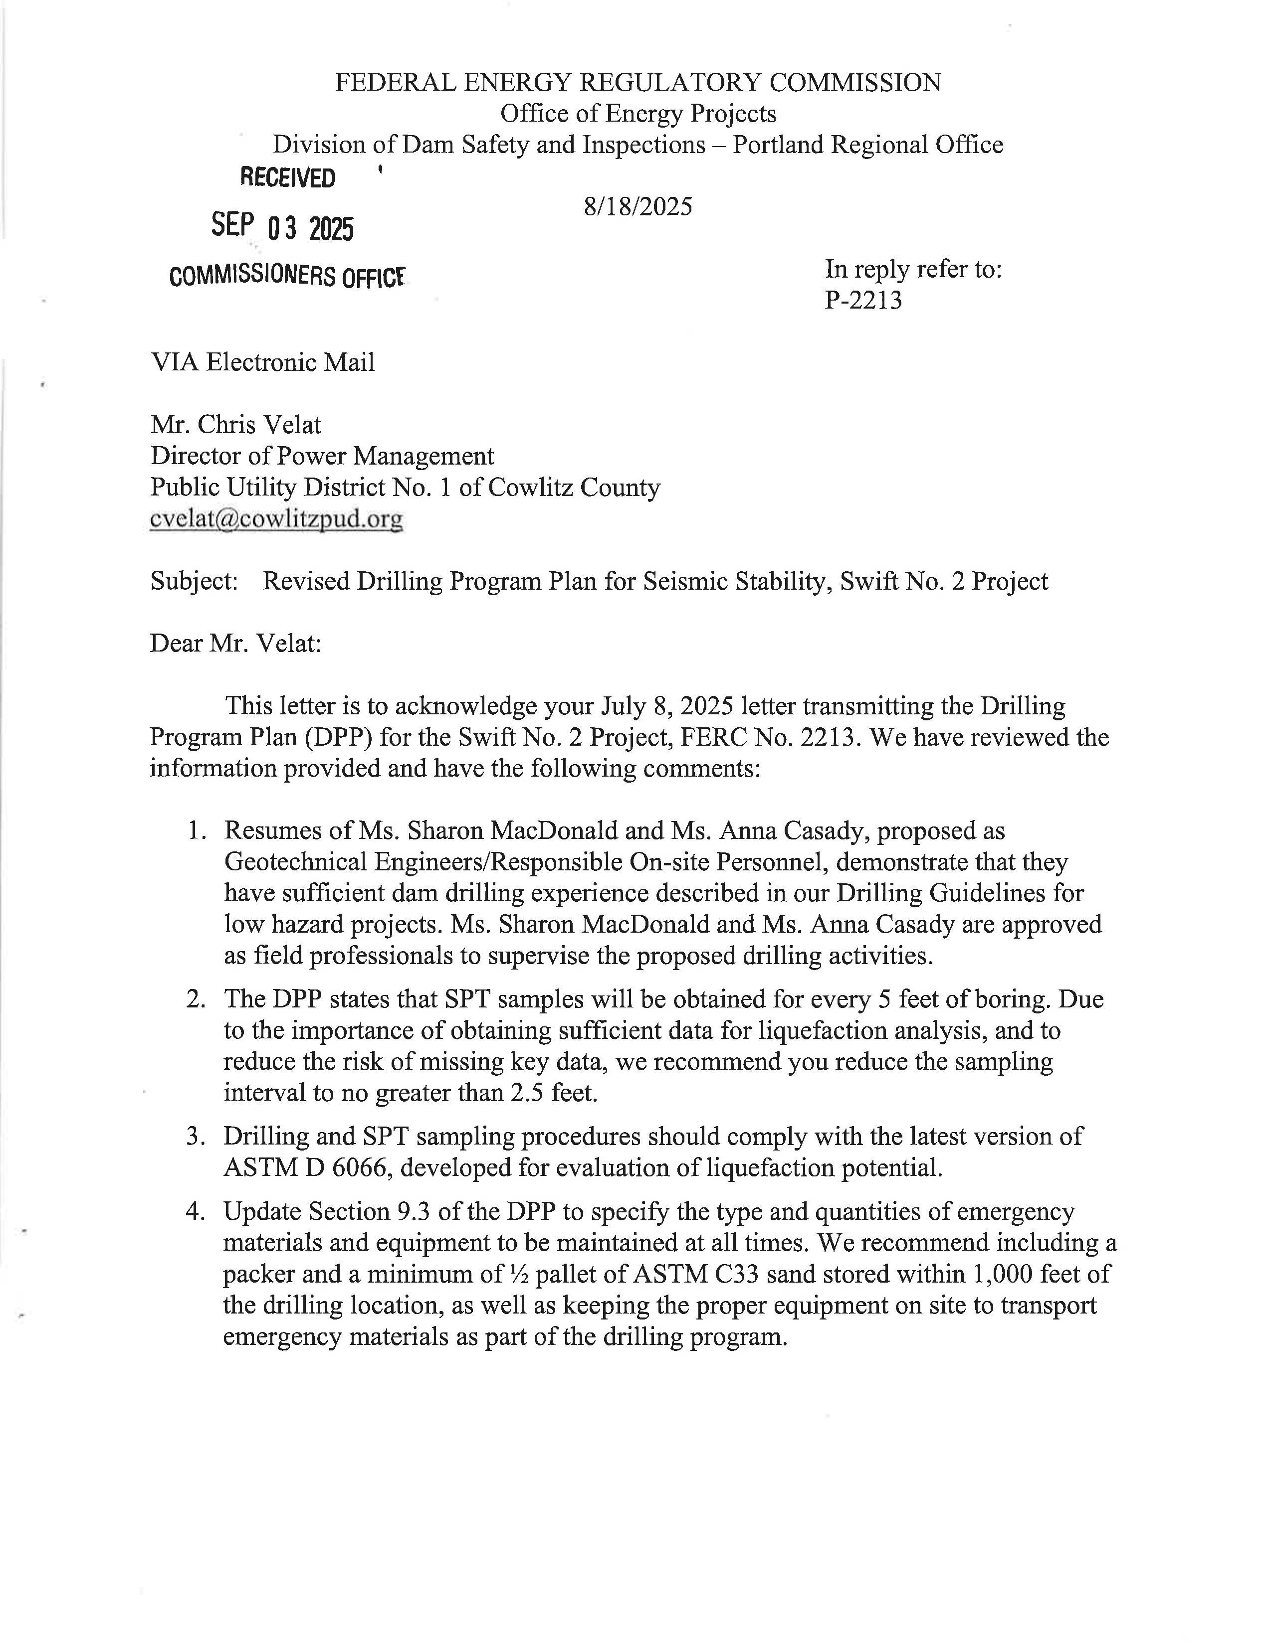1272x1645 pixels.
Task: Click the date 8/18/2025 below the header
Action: [x=637, y=206]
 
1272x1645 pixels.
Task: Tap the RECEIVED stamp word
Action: [x=287, y=178]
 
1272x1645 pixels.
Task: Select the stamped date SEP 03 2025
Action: [x=282, y=227]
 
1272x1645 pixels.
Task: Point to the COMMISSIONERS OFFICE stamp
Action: [x=287, y=277]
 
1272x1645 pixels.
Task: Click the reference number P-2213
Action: [x=863, y=301]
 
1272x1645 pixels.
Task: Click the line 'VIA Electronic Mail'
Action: [x=262, y=362]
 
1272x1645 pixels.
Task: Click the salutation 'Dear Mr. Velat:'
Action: [x=235, y=643]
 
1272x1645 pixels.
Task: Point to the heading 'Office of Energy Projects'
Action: [x=637, y=114]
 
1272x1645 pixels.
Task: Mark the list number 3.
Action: [x=196, y=1136]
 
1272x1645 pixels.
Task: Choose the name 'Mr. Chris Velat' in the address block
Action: [x=236, y=425]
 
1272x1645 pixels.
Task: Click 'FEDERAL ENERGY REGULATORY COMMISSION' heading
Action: [x=637, y=82]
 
